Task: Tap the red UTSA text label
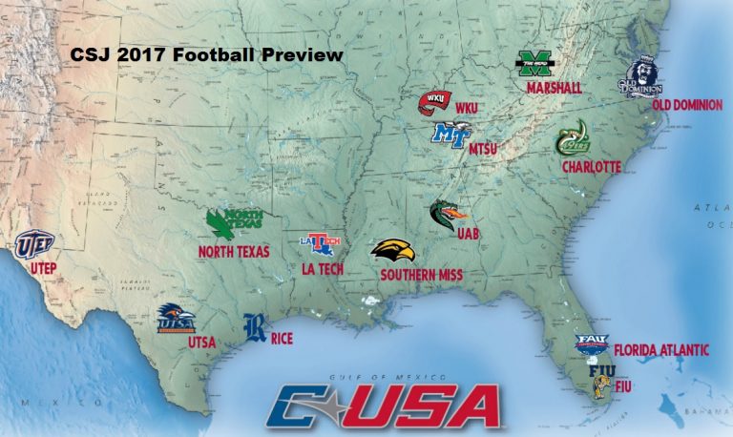click(x=201, y=343)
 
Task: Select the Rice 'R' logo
click(x=255, y=327)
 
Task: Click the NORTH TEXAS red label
click(x=234, y=252)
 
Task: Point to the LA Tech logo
click(x=318, y=245)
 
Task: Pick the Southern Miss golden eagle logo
click(x=392, y=252)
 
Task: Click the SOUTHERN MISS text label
click(x=421, y=275)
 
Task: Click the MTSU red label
click(x=483, y=148)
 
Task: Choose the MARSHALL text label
click(x=554, y=89)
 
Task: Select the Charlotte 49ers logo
click(x=574, y=139)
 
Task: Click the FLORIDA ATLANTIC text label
click(x=660, y=350)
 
